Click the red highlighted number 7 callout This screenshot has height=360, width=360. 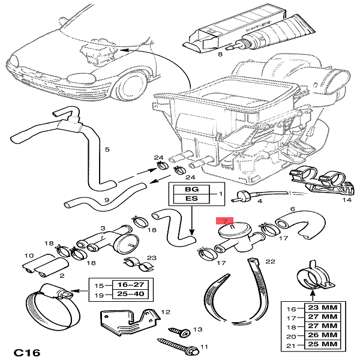(225, 221)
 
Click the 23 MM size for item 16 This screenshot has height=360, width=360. (323, 307)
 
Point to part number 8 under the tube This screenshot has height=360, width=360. (220, 55)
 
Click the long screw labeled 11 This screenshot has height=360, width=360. (178, 344)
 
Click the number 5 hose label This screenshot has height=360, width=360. (107, 149)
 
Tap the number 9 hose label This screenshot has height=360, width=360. (106, 200)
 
